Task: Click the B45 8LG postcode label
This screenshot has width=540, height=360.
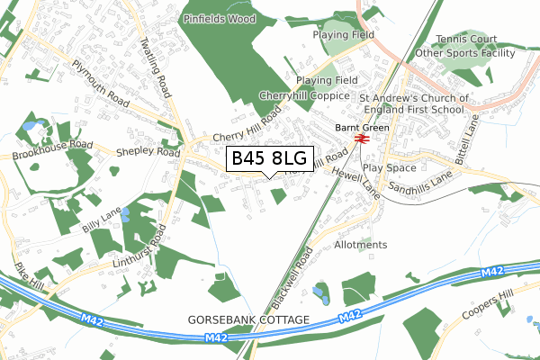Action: pos(269,159)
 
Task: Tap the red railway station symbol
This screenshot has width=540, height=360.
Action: pos(361,139)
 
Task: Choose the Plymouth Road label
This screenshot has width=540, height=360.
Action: pos(101,80)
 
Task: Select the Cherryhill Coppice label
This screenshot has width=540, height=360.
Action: pos(304,95)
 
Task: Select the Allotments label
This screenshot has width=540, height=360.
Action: pos(360,245)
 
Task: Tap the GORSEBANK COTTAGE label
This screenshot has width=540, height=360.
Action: pos(248,320)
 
